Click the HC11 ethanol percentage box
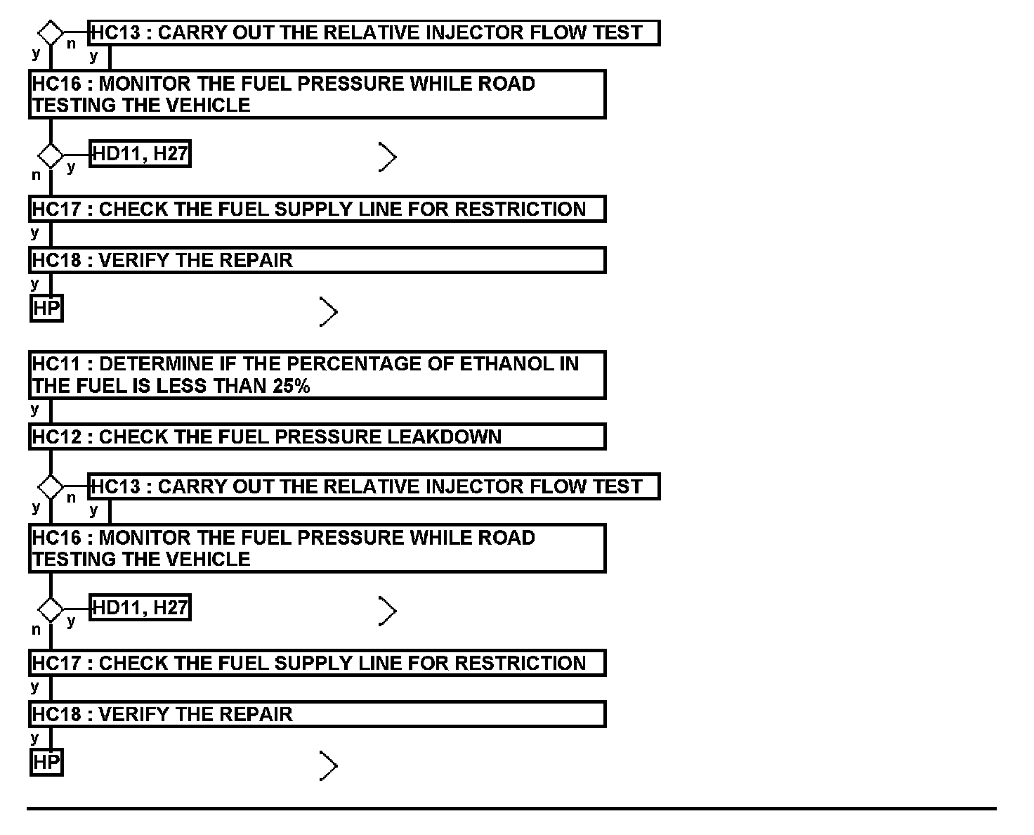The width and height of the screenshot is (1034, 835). pos(317,375)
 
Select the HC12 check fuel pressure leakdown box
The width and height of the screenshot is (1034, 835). pos(317,436)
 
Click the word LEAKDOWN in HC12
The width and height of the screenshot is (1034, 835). pos(444,437)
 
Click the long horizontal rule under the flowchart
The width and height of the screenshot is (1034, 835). pos(511,808)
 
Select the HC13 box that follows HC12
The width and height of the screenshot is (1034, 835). pos(374,486)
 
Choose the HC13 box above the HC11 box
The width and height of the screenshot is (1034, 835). pos(374,33)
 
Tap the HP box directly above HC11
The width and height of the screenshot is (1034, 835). pos(46,308)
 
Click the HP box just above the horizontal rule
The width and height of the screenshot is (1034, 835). pos(46,762)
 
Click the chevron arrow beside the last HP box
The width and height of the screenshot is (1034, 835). pos(328,765)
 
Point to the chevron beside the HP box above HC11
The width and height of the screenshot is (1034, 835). pos(328,311)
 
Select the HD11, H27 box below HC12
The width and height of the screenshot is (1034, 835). pos(140,608)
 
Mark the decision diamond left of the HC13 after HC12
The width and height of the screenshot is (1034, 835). pos(51,486)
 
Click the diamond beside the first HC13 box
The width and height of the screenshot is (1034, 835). pos(51,33)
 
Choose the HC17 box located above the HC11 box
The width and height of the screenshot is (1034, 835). pos(317,209)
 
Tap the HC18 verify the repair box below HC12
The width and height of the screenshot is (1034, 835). pos(317,714)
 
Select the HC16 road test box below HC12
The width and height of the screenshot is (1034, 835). pos(317,548)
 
